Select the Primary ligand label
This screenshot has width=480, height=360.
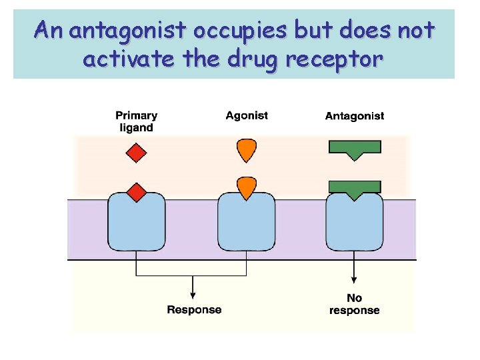[x=136, y=121]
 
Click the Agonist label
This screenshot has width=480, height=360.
[x=247, y=115]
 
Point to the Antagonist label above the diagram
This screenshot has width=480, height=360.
[x=354, y=116]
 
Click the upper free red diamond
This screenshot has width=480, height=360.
[x=136, y=153]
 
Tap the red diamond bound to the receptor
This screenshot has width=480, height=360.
[x=136, y=193]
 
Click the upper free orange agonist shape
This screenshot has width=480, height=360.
[x=246, y=151]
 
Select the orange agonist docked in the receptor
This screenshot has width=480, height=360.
[x=246, y=187]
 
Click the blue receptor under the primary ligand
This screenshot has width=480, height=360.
[x=137, y=223]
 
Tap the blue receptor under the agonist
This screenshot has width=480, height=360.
[x=247, y=223]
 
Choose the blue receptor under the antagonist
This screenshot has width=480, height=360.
[x=354, y=223]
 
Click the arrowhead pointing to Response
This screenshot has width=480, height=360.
[x=193, y=295]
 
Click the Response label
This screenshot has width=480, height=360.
[x=194, y=309]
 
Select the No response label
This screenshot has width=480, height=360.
[x=354, y=304]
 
